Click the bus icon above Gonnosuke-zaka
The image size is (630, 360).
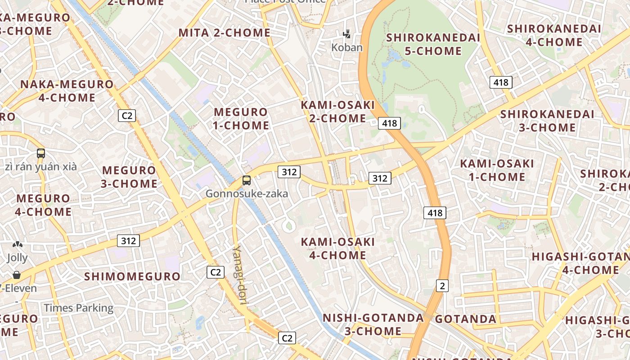click(x=246, y=180)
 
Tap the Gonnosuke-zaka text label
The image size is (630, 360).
click(x=247, y=194)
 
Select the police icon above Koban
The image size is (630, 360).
click(x=346, y=34)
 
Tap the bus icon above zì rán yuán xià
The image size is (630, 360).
click(x=41, y=153)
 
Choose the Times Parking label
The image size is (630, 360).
click(x=78, y=308)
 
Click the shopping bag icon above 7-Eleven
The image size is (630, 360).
click(x=17, y=274)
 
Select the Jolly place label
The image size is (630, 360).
click(x=17, y=258)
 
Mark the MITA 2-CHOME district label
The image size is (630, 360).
click(x=225, y=33)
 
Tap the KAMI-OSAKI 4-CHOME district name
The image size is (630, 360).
click(x=337, y=248)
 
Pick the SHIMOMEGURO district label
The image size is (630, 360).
click(x=132, y=276)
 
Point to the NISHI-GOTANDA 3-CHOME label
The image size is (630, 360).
click(x=373, y=324)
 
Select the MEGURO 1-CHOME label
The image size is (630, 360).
click(x=241, y=119)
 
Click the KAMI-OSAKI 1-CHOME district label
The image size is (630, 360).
click(x=497, y=170)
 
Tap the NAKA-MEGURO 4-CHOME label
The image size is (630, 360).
click(x=67, y=91)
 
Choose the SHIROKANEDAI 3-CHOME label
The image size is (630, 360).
click(x=547, y=121)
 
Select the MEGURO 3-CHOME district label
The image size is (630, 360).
click(x=129, y=177)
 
